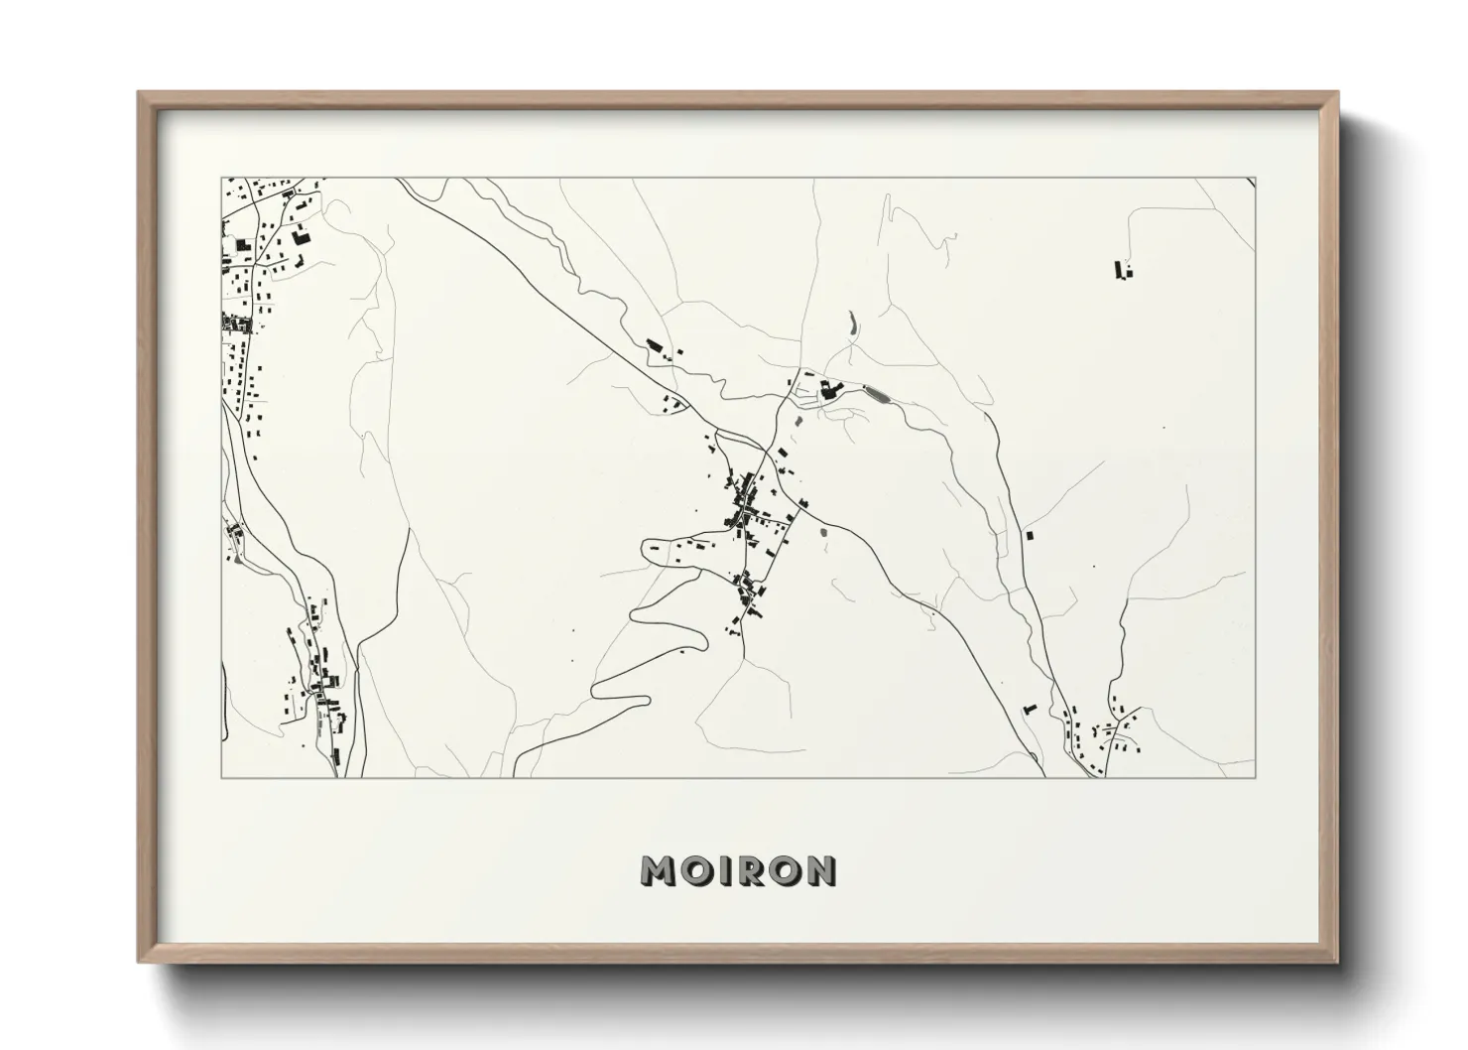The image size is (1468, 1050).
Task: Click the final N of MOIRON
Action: coord(822,870)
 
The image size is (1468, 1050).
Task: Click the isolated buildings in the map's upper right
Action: coord(1123,270)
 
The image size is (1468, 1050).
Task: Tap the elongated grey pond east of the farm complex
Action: coord(877,394)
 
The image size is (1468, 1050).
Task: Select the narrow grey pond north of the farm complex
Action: coord(850,323)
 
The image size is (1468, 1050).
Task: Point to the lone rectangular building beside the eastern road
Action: coord(1030,536)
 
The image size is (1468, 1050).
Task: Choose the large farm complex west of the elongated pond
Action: coord(828,390)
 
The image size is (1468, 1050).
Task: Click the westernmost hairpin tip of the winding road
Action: coord(594,689)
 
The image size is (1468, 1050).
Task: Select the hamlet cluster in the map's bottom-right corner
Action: coord(1106,734)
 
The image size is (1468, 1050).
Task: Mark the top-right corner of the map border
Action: coord(1256,179)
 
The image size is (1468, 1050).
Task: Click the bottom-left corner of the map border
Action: coord(220,777)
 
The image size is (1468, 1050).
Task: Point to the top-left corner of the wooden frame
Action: coord(139,92)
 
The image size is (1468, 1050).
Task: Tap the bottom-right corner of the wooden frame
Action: coord(1338,962)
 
